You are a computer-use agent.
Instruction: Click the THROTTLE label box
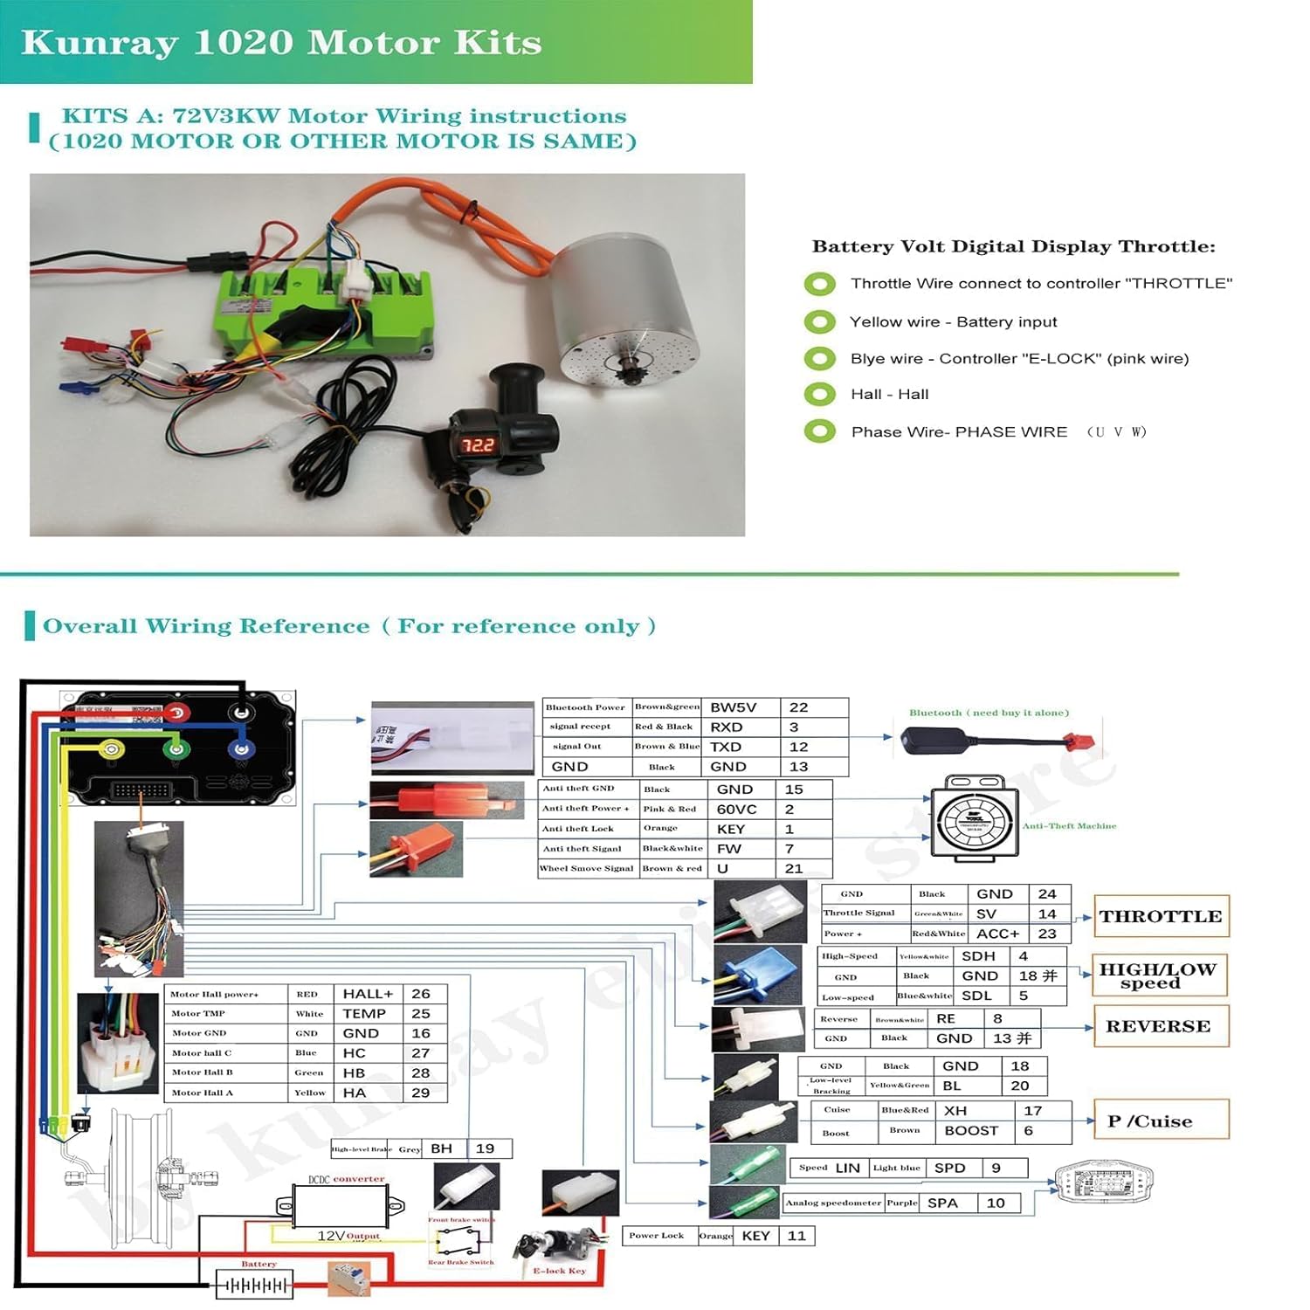(x=1161, y=916)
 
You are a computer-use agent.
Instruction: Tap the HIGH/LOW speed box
(x=1159, y=976)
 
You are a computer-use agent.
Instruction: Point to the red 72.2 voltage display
(x=478, y=445)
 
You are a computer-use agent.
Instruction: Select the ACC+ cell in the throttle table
(x=997, y=934)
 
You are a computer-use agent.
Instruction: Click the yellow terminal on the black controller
(x=112, y=748)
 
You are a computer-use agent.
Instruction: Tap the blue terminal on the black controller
(x=240, y=748)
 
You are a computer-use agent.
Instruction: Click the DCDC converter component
(x=341, y=1206)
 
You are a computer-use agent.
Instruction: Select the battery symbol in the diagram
(x=254, y=1286)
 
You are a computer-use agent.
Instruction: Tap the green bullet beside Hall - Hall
(x=819, y=395)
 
